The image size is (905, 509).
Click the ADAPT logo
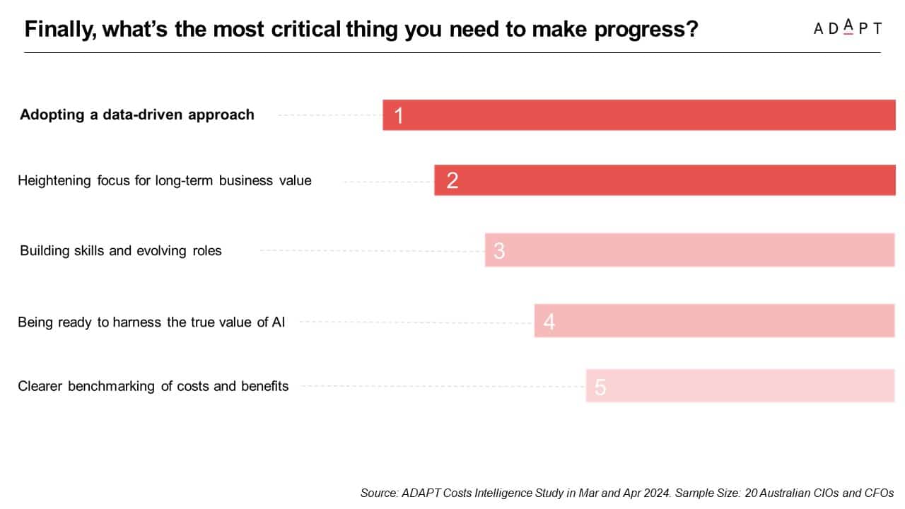pyautogui.click(x=847, y=28)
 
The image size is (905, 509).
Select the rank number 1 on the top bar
pyautogui.click(x=399, y=115)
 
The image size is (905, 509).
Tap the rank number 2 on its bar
pyautogui.click(x=452, y=180)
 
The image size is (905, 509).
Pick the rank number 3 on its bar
pyautogui.click(x=499, y=251)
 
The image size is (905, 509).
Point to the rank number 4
pyautogui.click(x=549, y=322)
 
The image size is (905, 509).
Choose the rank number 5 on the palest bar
pyautogui.click(x=600, y=387)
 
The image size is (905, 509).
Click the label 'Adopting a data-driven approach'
pyautogui.click(x=137, y=115)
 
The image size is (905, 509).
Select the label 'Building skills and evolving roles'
pyautogui.click(x=121, y=251)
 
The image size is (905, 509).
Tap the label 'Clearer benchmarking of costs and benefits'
pyautogui.click(x=153, y=386)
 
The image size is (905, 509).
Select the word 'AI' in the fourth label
pyautogui.click(x=279, y=323)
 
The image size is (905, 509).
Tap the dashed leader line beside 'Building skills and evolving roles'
pyautogui.click(x=371, y=250)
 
